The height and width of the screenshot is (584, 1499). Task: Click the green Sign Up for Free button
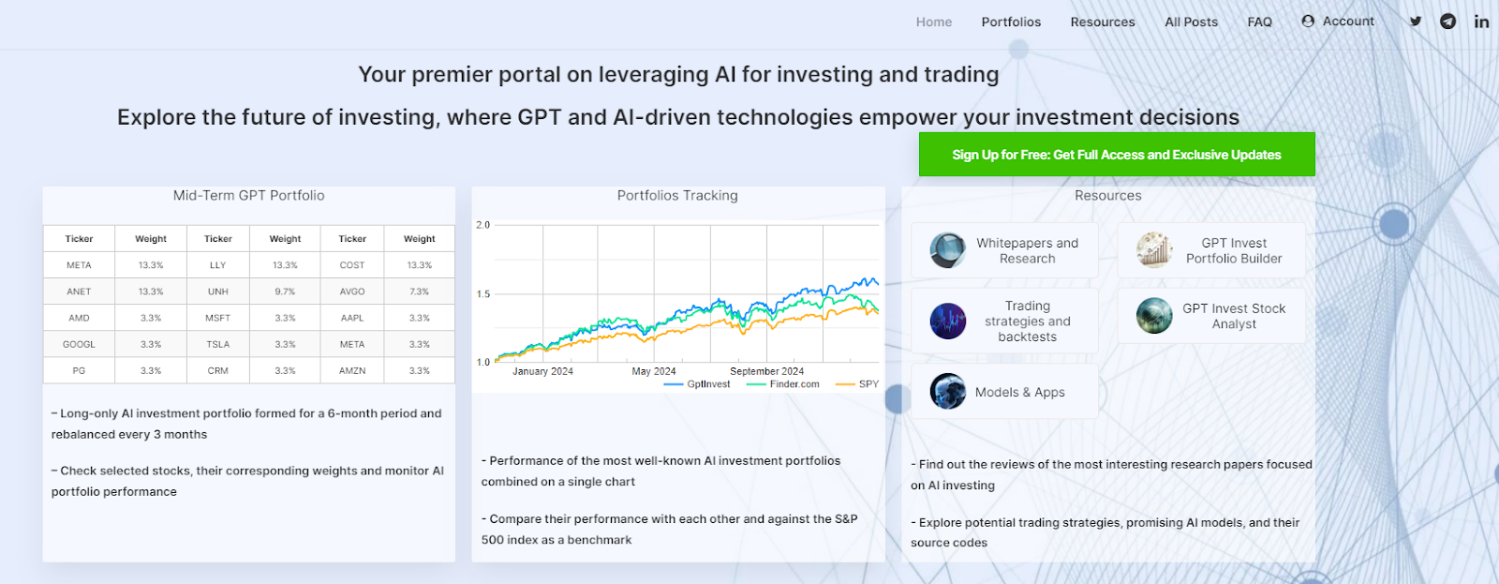point(1116,155)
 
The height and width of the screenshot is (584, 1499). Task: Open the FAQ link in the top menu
point(1259,22)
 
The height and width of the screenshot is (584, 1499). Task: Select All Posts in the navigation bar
point(1191,22)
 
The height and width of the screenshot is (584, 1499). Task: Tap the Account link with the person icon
point(1338,21)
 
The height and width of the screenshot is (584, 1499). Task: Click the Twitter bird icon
point(1416,21)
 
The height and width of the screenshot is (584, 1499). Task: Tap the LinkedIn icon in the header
point(1481,21)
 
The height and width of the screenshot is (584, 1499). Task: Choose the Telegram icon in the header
point(1448,21)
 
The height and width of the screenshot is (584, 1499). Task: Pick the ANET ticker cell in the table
point(79,292)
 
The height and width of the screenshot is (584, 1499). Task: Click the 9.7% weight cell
point(285,292)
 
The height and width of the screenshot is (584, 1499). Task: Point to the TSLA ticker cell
point(218,344)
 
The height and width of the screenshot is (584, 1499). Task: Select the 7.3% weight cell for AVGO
point(419,292)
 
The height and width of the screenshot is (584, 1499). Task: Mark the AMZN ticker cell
point(352,370)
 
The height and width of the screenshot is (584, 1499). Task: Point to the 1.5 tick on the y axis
point(483,294)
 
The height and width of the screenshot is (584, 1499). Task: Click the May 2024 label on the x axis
point(654,371)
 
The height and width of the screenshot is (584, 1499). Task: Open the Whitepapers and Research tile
point(1004,250)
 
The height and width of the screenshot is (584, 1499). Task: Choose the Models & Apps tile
point(1004,392)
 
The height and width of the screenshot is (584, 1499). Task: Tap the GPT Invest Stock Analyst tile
point(1210,316)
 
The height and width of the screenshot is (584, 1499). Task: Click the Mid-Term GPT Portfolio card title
point(248,195)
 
